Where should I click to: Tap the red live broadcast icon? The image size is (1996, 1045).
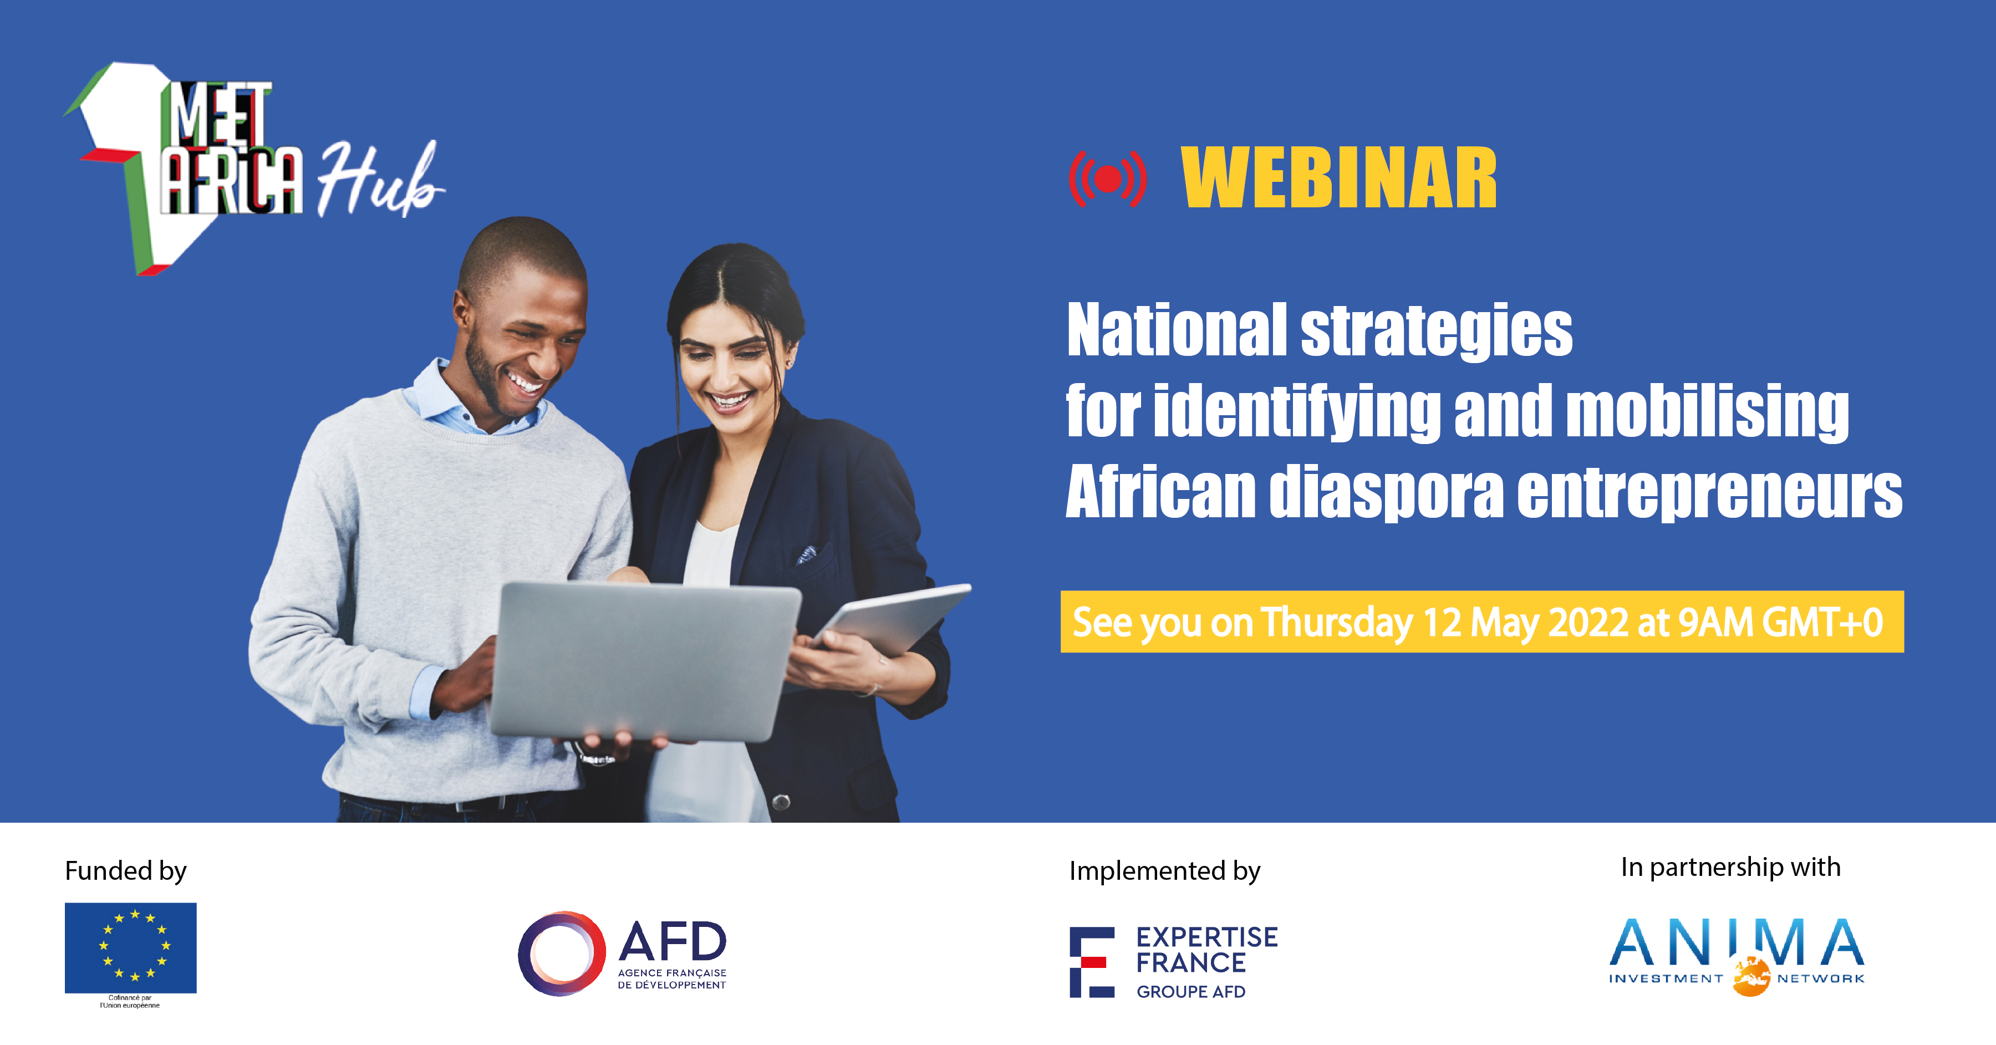tap(1108, 179)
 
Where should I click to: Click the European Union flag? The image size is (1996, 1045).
tap(130, 947)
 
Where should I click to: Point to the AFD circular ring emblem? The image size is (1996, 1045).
tap(561, 953)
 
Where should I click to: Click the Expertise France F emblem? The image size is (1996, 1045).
tap(1091, 961)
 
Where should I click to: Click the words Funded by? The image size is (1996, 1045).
tap(125, 871)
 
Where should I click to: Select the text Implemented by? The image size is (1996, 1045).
tap(1164, 871)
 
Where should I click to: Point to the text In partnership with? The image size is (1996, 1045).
tap(1730, 867)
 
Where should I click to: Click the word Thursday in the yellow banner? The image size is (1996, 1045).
tap(1336, 622)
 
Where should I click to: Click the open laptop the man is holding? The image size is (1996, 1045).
tap(643, 659)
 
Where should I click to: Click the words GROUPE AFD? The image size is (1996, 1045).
tap(1191, 992)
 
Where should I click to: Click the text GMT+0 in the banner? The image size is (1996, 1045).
tap(1822, 622)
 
